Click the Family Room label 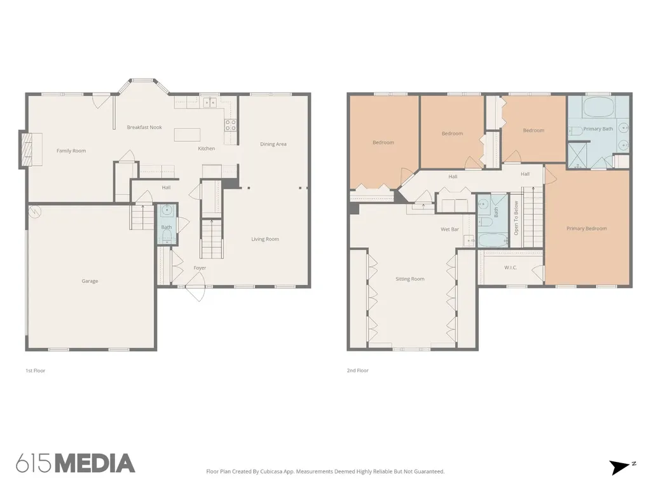tap(71, 151)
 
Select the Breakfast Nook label tap(144, 127)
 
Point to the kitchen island tap(187, 135)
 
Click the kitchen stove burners tap(230, 125)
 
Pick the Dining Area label tap(273, 144)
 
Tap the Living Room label tap(265, 239)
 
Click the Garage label tap(90, 281)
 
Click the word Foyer tap(200, 268)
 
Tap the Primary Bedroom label tap(586, 228)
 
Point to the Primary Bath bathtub tap(598, 107)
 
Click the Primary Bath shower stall tap(579, 155)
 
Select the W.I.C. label tap(511, 268)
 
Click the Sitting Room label tap(410, 279)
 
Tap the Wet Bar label tap(449, 229)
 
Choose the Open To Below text tap(516, 219)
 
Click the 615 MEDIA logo tap(76, 463)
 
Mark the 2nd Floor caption tap(357, 370)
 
